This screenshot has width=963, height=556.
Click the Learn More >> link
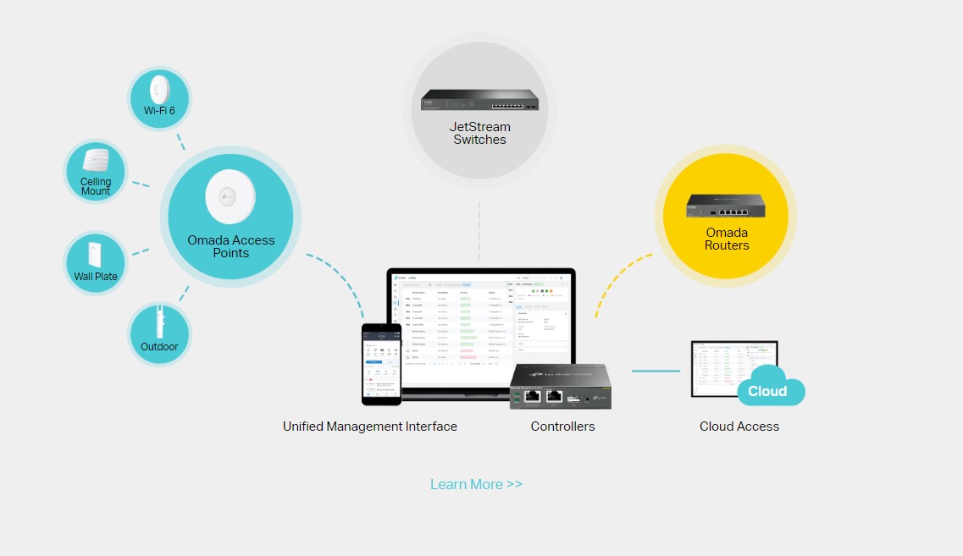point(476,484)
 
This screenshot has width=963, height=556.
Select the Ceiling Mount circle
point(96,171)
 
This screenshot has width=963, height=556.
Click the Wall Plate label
point(96,276)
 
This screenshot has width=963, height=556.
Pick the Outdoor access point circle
point(159,335)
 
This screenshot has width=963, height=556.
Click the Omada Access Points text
point(230,246)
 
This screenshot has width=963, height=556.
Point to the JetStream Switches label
point(479,133)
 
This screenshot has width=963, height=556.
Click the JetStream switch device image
point(479,102)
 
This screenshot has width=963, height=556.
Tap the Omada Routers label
point(727,239)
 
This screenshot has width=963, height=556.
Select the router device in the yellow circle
point(726,206)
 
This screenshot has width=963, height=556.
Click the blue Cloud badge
point(767,391)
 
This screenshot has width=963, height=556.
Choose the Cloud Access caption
point(739,427)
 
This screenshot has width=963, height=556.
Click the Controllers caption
point(562,427)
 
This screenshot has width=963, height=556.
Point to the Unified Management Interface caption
point(369,427)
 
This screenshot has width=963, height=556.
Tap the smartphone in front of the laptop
point(381,364)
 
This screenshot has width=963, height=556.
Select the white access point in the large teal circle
point(230,196)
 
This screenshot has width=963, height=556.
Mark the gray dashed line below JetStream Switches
point(479,230)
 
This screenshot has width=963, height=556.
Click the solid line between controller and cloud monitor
point(656,371)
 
